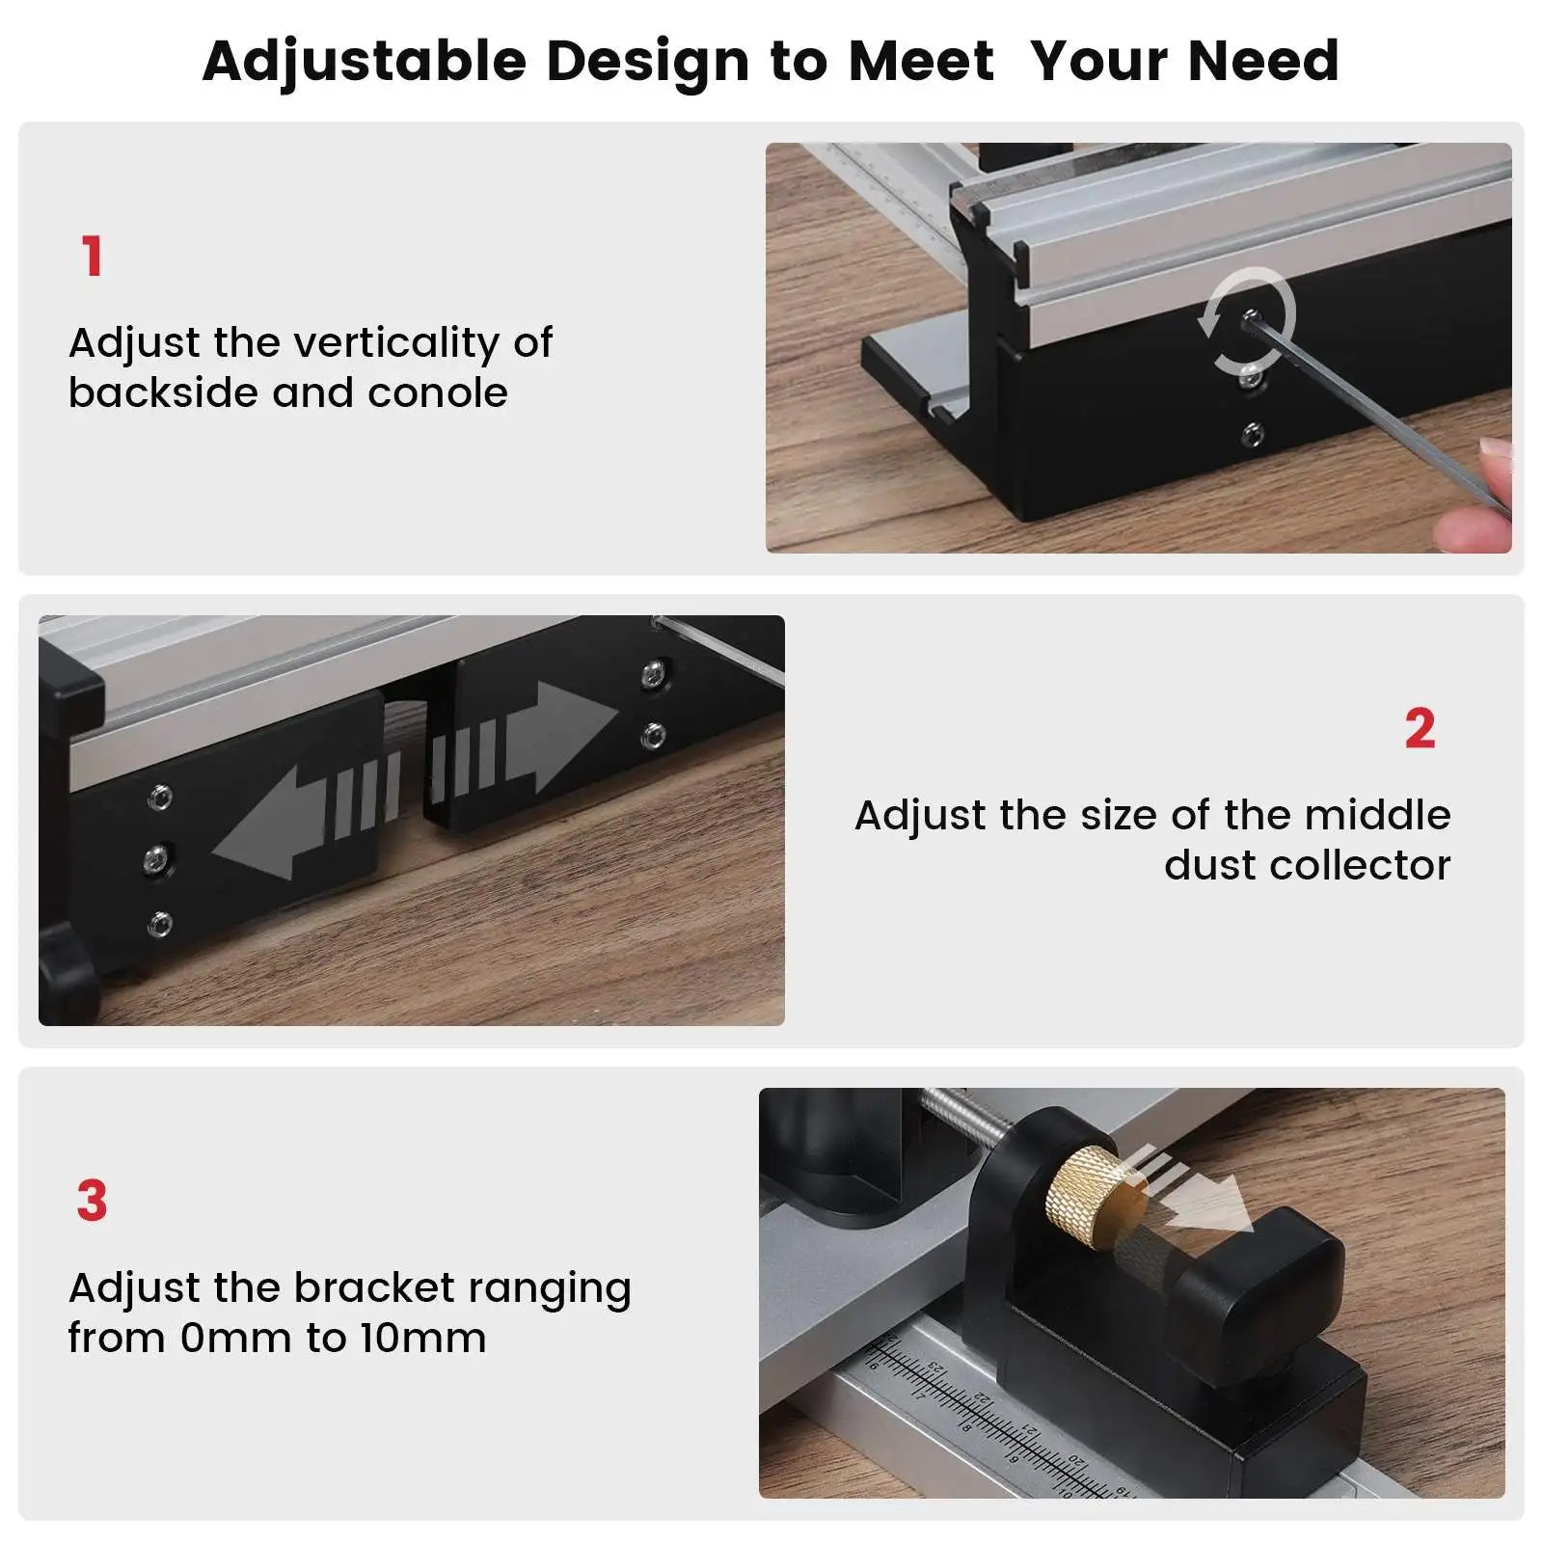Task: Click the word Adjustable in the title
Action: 365,62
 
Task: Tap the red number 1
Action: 92,257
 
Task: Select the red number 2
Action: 1420,729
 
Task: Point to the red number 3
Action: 92,1201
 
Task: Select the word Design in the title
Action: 648,62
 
